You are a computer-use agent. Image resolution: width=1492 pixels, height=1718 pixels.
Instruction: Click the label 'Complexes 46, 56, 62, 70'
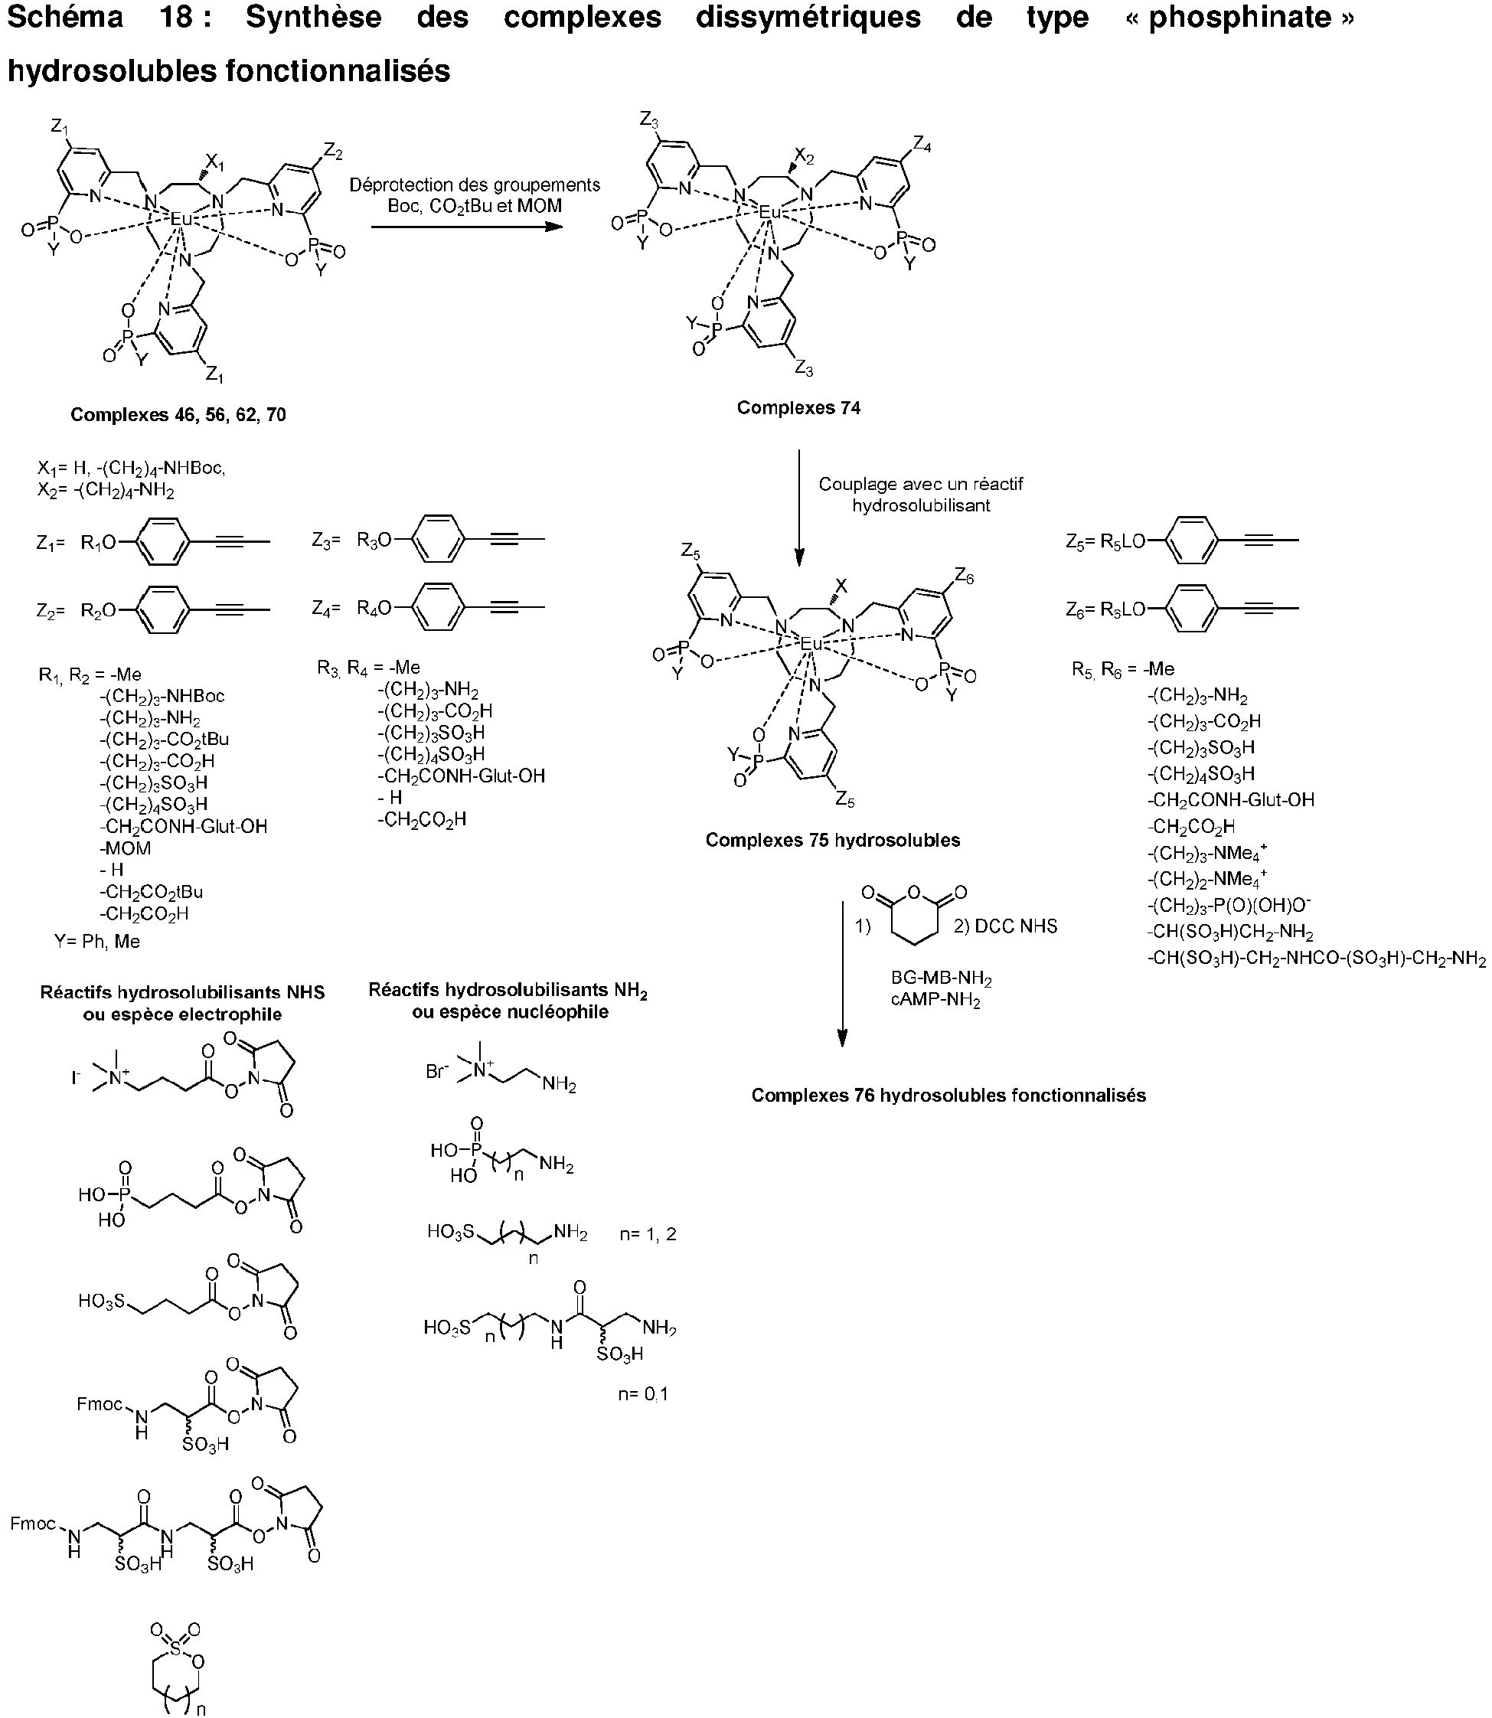[x=178, y=415]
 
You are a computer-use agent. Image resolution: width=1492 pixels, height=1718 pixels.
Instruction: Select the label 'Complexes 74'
[x=798, y=408]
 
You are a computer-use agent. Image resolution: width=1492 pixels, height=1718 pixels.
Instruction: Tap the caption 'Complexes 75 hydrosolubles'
[x=833, y=841]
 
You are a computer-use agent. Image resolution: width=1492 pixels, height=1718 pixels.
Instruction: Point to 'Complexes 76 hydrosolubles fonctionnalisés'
[x=948, y=1095]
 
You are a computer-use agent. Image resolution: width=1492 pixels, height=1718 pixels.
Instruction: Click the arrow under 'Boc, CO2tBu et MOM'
[x=468, y=226]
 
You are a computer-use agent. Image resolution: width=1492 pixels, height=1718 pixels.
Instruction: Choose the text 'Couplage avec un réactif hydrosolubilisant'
[x=921, y=495]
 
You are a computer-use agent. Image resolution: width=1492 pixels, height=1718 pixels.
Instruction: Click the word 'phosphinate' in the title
[x=1241, y=18]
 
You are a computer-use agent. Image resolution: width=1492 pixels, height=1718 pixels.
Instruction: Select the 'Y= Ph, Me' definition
[x=97, y=942]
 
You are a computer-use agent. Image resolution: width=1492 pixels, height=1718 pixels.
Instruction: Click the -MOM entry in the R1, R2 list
[x=126, y=848]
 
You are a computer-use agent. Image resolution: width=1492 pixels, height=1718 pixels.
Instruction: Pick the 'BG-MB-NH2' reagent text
[x=941, y=979]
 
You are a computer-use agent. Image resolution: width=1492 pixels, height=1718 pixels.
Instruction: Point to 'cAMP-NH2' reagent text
[x=935, y=1000]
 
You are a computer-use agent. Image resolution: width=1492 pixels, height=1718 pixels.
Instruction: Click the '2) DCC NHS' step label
[x=1006, y=926]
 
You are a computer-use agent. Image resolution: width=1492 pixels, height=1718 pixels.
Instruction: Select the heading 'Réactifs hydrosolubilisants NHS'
[x=182, y=993]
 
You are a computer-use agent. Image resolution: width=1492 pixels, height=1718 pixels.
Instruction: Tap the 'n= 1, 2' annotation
[x=648, y=1234]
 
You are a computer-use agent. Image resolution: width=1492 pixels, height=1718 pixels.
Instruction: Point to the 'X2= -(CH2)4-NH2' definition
[x=106, y=491]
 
